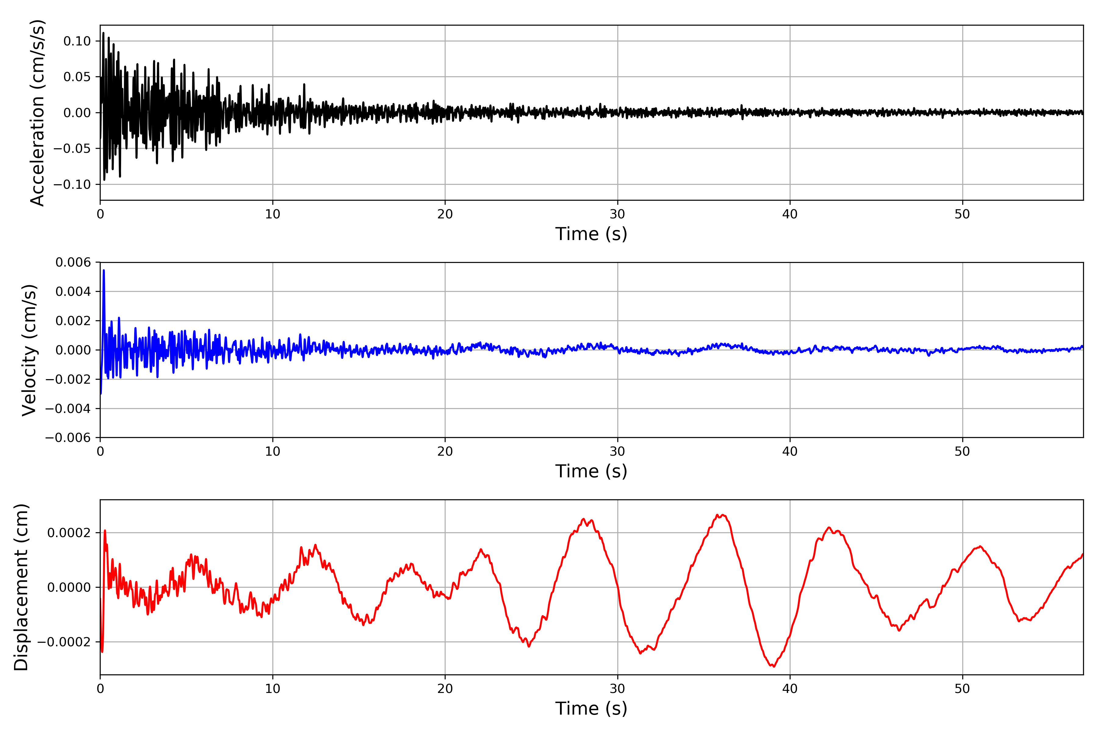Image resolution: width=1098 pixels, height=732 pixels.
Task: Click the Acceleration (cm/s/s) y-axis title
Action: point(37,113)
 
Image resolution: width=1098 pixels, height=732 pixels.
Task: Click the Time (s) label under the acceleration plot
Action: point(591,234)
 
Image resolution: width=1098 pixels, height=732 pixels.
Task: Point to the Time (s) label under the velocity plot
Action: point(591,471)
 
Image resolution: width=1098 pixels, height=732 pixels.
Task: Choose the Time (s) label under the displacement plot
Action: point(591,708)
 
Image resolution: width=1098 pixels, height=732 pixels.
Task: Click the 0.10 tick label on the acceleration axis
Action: point(77,41)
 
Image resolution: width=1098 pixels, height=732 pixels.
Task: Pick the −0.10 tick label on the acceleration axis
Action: point(72,185)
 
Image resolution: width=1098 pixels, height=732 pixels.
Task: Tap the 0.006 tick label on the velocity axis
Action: point(73,262)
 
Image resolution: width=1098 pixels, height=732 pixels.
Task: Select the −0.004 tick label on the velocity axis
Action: point(68,408)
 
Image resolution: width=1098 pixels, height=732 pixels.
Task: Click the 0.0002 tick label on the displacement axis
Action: point(69,533)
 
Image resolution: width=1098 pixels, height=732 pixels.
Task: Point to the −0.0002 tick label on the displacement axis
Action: point(64,642)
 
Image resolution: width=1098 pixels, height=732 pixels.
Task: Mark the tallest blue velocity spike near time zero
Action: point(104,271)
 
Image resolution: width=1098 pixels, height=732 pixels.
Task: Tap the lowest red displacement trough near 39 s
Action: point(773,666)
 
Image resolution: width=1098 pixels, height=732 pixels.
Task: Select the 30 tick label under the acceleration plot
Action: point(617,214)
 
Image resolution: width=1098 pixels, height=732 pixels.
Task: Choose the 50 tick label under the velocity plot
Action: point(962,451)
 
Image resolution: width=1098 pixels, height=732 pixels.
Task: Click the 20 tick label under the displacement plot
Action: point(445,689)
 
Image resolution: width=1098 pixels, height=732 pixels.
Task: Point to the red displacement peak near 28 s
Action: point(583,519)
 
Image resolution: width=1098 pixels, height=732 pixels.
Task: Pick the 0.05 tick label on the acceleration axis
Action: point(77,77)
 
